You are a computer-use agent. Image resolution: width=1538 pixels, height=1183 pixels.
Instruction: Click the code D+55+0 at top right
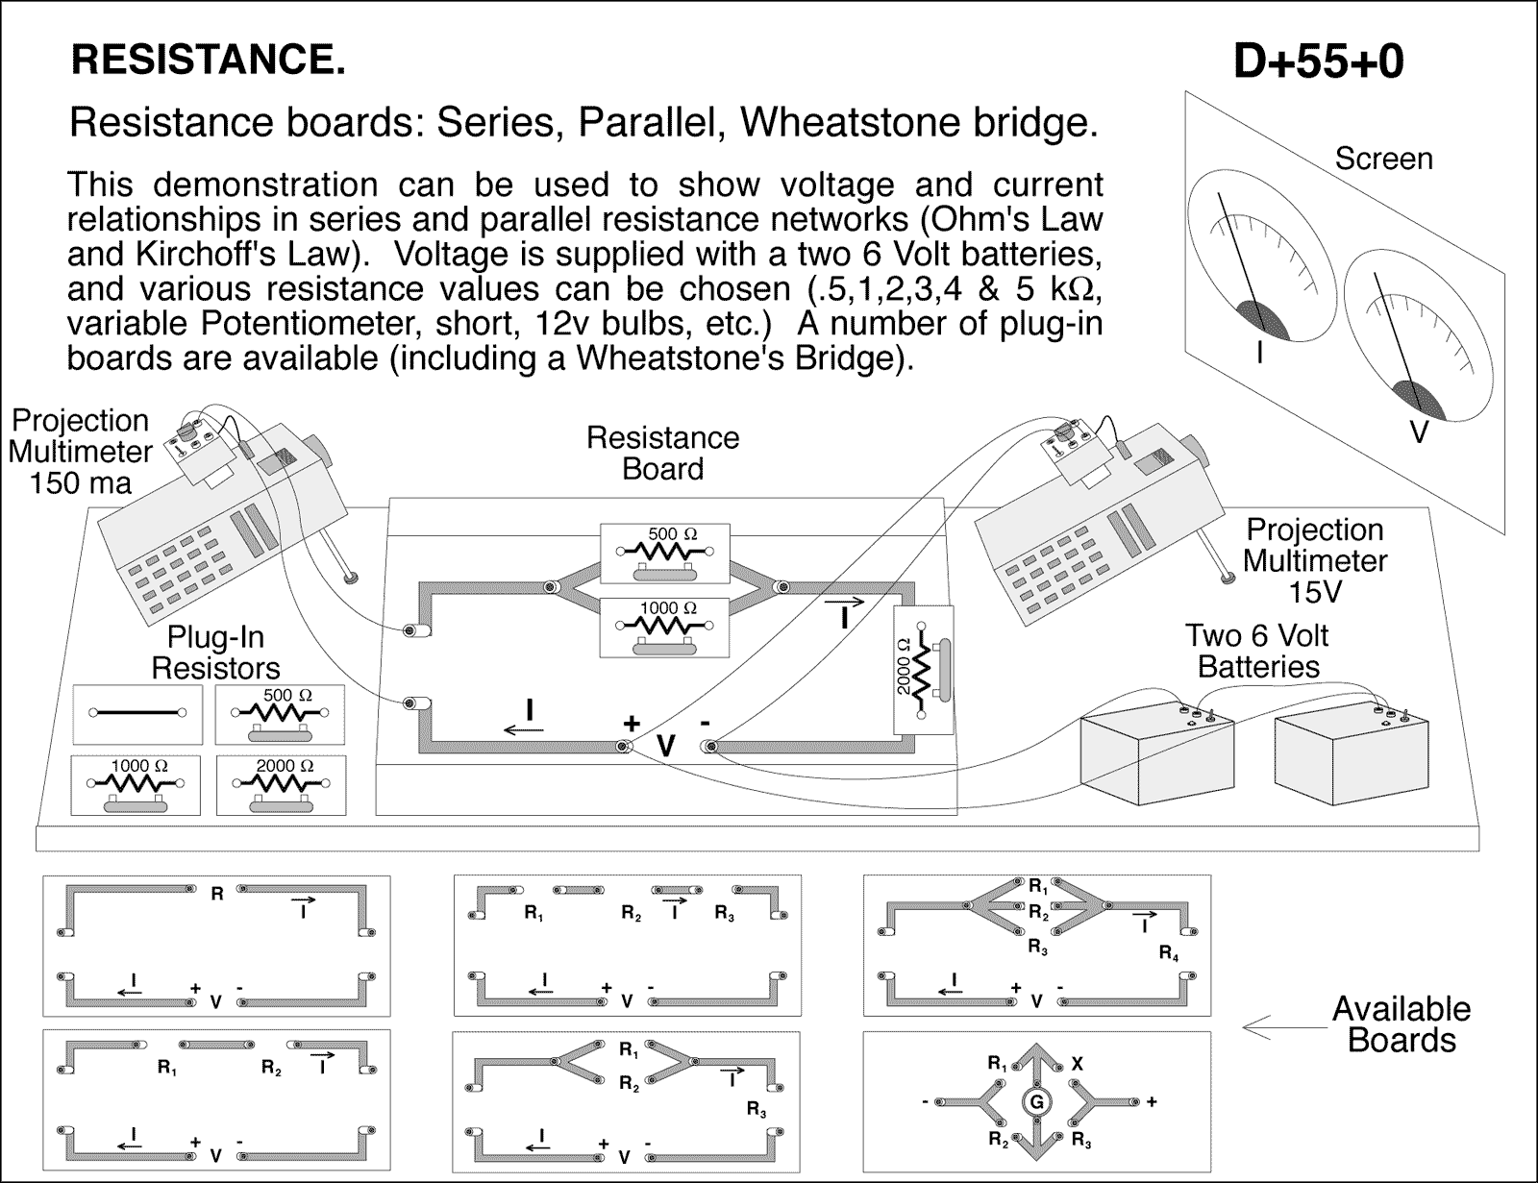tap(1318, 62)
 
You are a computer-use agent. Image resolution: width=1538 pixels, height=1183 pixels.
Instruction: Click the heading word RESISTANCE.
tap(208, 61)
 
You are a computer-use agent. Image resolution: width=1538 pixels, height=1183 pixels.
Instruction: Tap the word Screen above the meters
tap(1383, 159)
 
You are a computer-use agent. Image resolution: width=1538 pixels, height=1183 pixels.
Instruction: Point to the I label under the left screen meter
tap(1260, 354)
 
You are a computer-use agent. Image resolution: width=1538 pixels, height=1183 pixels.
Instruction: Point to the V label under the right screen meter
tap(1418, 433)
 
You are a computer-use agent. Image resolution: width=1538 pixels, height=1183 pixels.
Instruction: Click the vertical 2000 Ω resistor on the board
tap(923, 670)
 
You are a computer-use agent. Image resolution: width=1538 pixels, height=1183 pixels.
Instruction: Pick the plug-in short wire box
tap(137, 713)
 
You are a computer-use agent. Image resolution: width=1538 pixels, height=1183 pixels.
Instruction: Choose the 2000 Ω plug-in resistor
tap(281, 784)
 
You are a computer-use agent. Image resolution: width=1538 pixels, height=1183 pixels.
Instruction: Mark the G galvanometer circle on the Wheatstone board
tap(1036, 1102)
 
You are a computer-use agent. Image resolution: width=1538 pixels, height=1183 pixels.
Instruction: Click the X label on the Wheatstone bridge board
tap(1078, 1064)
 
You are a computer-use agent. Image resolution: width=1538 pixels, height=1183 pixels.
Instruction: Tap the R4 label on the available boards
tap(1167, 954)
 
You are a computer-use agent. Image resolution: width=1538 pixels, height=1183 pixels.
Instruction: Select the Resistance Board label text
tap(662, 453)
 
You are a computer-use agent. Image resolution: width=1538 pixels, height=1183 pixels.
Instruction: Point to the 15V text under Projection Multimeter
tap(1314, 592)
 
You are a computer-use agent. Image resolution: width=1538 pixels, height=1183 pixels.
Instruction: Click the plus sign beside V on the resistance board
tap(632, 724)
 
